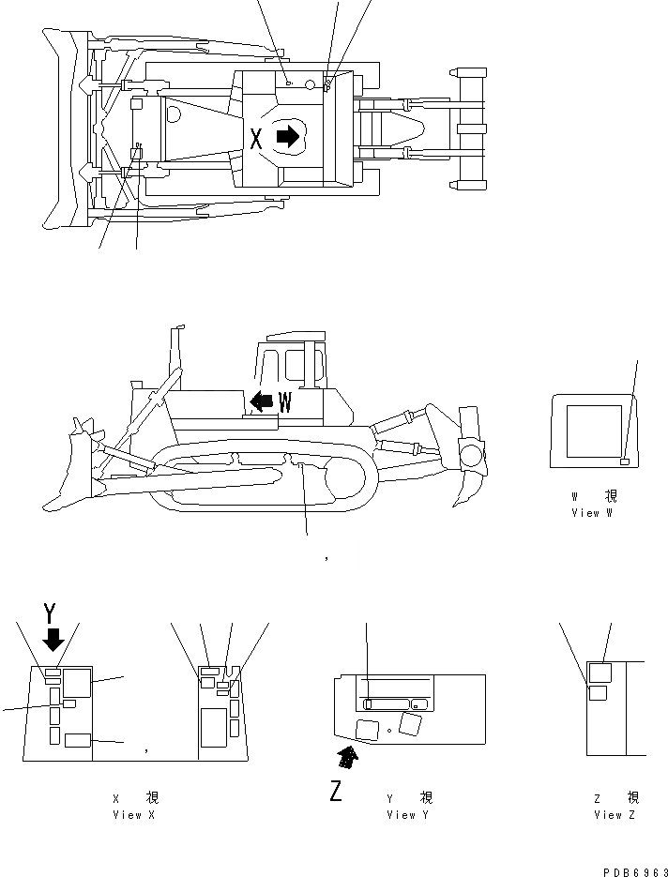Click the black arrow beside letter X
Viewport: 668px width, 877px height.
click(288, 137)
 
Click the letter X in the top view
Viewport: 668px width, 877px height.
click(257, 139)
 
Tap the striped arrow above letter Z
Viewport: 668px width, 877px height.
click(348, 755)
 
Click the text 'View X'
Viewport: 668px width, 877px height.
click(134, 815)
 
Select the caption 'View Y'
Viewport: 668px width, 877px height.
click(409, 815)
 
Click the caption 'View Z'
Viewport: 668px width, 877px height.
click(615, 815)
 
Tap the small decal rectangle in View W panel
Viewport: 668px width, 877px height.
click(626, 461)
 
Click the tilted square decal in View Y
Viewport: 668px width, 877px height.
click(410, 722)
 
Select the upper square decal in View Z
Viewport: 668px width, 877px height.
click(600, 672)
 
